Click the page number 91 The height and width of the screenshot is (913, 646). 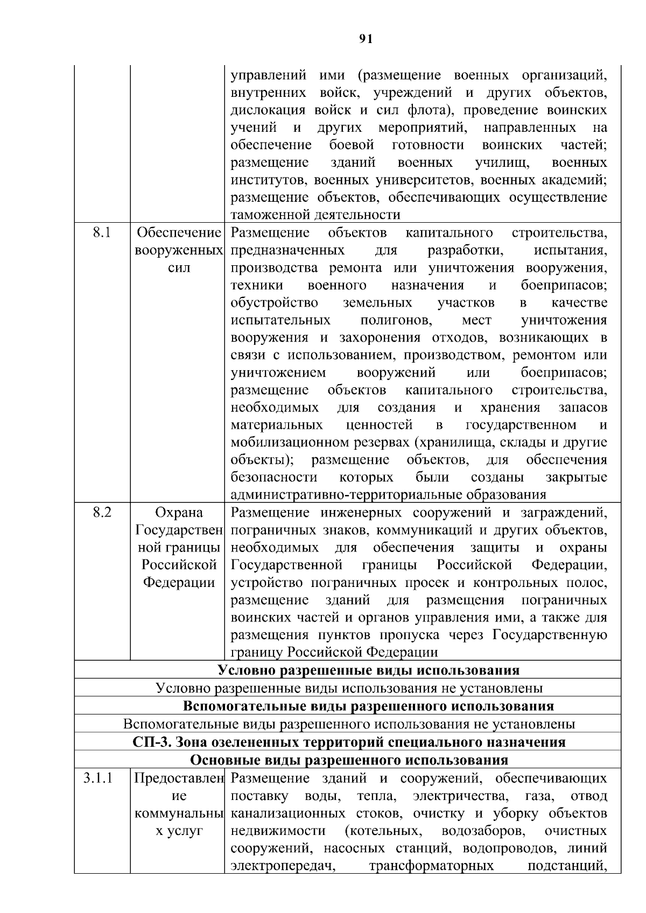(366, 38)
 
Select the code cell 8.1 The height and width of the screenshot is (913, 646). (101, 233)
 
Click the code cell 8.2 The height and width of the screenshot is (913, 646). (101, 512)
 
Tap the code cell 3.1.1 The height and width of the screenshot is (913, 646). (98, 778)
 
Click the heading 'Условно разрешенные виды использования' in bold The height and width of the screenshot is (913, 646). (368, 670)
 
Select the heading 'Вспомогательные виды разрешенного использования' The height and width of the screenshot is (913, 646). (368, 706)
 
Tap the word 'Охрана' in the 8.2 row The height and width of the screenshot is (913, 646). (179, 513)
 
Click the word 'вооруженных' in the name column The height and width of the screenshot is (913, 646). (179, 251)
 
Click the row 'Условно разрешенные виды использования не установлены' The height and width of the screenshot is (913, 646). (349, 688)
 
